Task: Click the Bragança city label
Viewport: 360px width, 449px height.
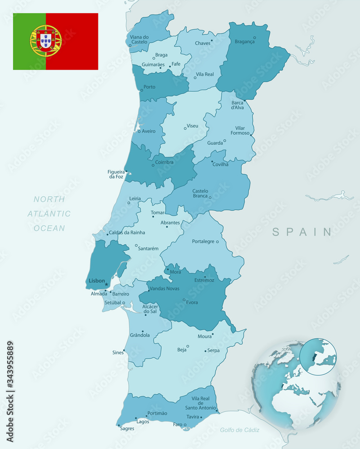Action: [x=244, y=42]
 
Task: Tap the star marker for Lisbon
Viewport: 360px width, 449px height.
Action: [x=107, y=284]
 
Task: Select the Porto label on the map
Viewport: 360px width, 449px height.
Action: [x=149, y=87]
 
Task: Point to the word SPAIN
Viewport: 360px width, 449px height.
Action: [x=302, y=232]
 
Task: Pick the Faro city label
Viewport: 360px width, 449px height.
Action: [x=178, y=424]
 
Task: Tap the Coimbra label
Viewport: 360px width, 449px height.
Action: [x=164, y=163]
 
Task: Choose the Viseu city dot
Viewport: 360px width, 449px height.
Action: [x=185, y=128]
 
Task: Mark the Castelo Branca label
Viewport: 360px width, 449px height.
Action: [x=200, y=194]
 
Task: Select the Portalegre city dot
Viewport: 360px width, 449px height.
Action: [x=217, y=242]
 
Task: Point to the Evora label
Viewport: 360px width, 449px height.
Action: [x=192, y=302]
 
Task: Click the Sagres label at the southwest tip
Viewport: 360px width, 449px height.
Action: [x=127, y=429]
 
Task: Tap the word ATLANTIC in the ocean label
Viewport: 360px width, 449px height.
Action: [x=49, y=214]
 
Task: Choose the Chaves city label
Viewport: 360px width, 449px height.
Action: [x=203, y=44]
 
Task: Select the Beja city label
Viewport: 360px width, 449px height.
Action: [x=182, y=349]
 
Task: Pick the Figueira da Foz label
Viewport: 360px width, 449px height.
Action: [x=116, y=174]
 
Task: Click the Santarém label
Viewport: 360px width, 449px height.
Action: [x=148, y=248]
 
